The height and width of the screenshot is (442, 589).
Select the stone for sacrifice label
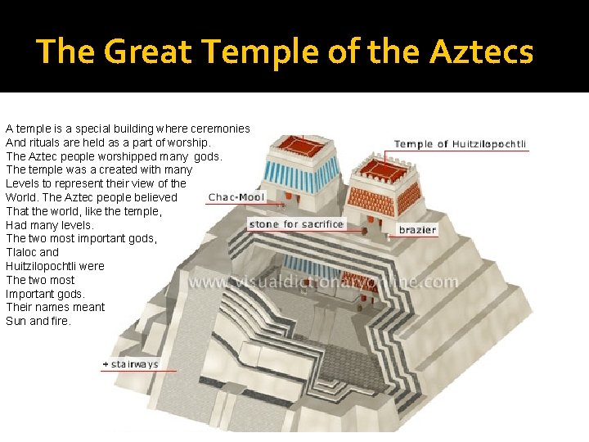(x=296, y=223)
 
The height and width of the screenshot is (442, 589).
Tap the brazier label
(x=417, y=230)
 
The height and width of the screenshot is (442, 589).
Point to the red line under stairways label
(x=138, y=371)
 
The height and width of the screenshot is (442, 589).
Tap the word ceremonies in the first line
(x=219, y=129)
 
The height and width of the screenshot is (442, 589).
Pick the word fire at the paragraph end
(x=60, y=321)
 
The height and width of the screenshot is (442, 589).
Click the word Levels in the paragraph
(x=22, y=183)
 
